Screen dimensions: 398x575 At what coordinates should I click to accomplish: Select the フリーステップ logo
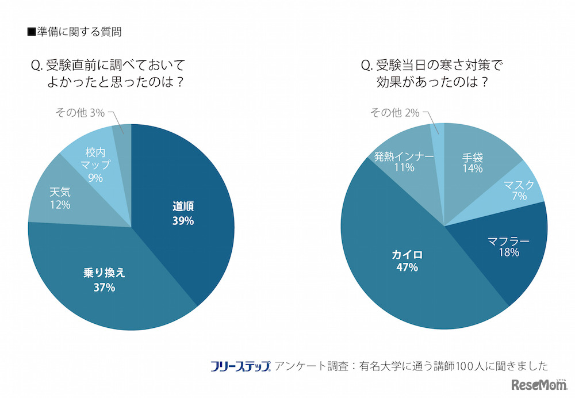click(240, 366)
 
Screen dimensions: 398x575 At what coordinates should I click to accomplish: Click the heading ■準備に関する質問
click(74, 32)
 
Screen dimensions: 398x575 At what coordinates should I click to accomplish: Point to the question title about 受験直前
click(109, 74)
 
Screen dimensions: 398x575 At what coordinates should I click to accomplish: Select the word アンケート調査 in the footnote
click(311, 366)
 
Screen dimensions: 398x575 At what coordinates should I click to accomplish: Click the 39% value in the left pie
click(183, 221)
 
